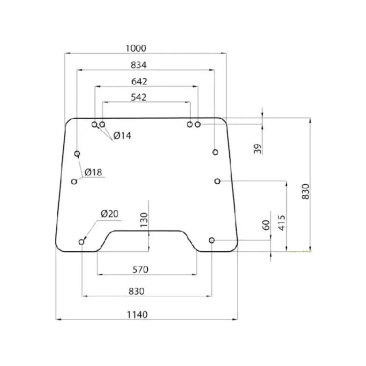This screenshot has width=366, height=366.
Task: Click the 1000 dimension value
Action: click(x=136, y=48)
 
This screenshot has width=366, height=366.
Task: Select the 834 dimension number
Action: click(x=138, y=65)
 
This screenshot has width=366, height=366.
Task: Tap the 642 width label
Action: click(x=139, y=81)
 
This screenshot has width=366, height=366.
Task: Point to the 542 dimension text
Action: click(x=138, y=97)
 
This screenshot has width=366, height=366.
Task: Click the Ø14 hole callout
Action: click(x=122, y=136)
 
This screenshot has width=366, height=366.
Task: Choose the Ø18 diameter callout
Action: click(x=93, y=172)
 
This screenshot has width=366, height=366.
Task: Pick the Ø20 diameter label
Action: click(x=109, y=214)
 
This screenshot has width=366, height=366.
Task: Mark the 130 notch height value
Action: click(x=144, y=220)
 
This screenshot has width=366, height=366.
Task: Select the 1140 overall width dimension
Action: click(x=137, y=314)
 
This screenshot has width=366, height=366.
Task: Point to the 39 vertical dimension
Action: click(x=258, y=149)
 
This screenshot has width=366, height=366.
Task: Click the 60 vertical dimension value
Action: click(x=266, y=225)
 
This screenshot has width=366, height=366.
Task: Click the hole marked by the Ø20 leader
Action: click(x=81, y=242)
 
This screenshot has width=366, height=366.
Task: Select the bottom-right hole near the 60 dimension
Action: click(x=212, y=240)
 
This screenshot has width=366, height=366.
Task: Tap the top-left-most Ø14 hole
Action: click(x=95, y=124)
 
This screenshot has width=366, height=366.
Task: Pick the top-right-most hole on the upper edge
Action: click(x=198, y=124)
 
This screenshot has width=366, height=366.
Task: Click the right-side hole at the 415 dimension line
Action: click(x=217, y=181)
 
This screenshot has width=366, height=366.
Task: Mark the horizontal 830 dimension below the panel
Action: click(x=136, y=291)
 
